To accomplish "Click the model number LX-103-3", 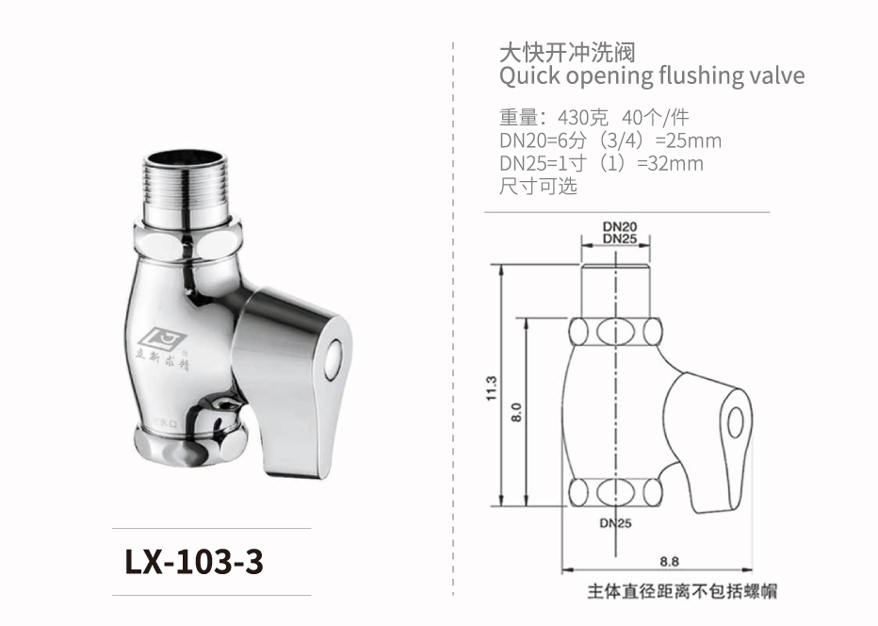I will click(194, 563).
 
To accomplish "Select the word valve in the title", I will click(776, 75).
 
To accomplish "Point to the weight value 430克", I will click(583, 119).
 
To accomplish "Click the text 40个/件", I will click(656, 119).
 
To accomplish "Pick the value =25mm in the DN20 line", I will click(688, 141).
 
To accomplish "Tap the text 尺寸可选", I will click(538, 186).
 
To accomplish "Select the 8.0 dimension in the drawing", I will click(516, 412).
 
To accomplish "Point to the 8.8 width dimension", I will click(670, 561).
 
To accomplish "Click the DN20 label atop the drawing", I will click(620, 226).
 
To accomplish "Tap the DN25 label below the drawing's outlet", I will click(615, 522).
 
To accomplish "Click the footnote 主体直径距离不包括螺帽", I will click(682, 592).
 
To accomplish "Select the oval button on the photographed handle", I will click(333, 359).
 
